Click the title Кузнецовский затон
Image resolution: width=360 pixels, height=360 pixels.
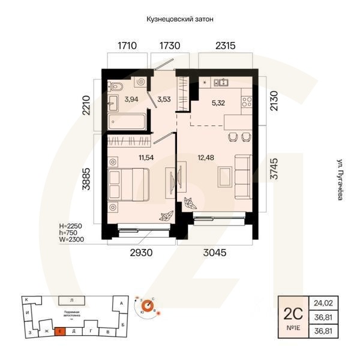[180, 19]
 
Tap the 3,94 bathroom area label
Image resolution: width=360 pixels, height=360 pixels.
[131, 100]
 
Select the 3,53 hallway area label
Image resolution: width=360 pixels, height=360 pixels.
[164, 100]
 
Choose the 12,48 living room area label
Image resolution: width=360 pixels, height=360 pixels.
[205, 158]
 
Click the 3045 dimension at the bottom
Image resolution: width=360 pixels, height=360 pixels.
[215, 253]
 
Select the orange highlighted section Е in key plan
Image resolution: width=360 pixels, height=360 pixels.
[60, 331]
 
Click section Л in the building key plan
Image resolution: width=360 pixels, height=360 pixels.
[71, 299]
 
